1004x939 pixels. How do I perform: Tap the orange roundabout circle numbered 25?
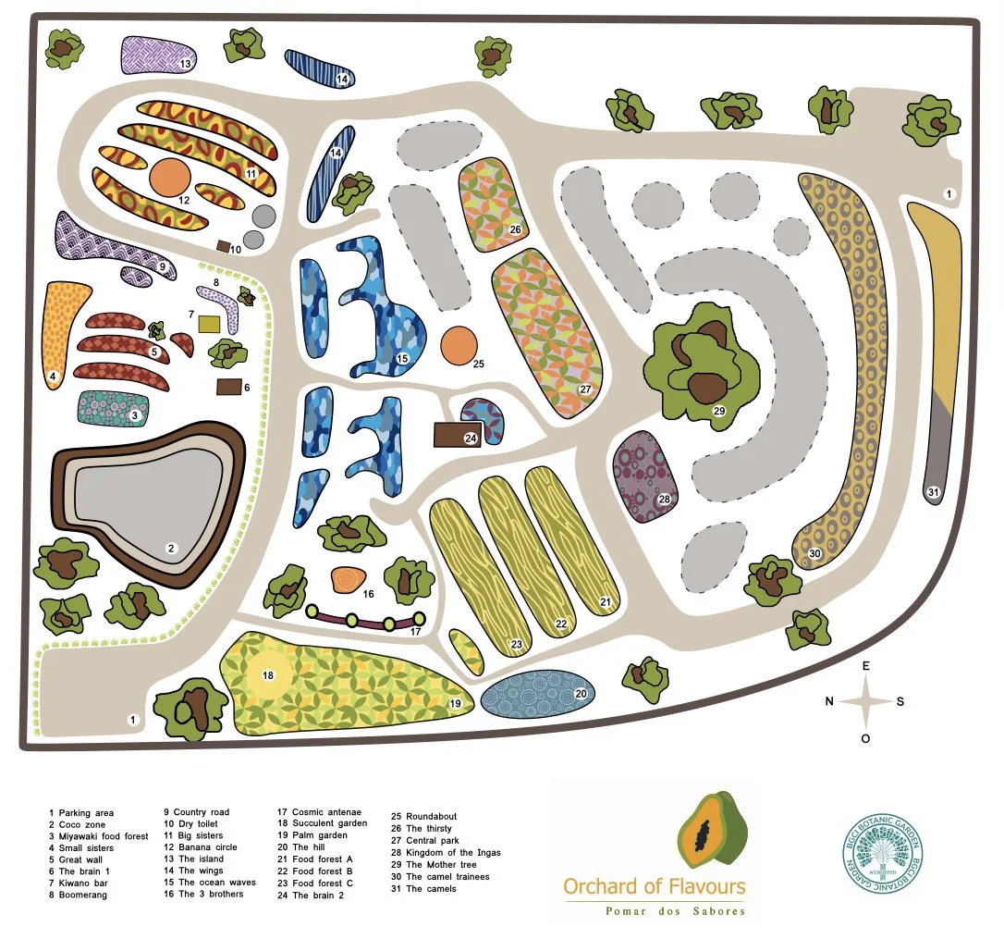pos(459,345)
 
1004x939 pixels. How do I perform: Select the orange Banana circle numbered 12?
pos(170,176)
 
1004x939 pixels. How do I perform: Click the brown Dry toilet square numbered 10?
pos(223,246)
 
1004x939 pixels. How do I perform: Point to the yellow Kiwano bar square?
pos(210,324)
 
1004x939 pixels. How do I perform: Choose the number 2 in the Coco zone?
pos(170,549)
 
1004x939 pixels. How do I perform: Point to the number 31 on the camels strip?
pos(933,492)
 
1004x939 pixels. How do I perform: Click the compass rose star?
pos(865,701)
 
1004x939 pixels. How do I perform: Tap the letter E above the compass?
pos(866,666)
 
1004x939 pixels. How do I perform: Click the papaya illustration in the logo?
pos(711,830)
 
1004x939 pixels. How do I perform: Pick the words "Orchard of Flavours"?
pos(655,886)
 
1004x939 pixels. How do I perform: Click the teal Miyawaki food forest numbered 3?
pos(112,408)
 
